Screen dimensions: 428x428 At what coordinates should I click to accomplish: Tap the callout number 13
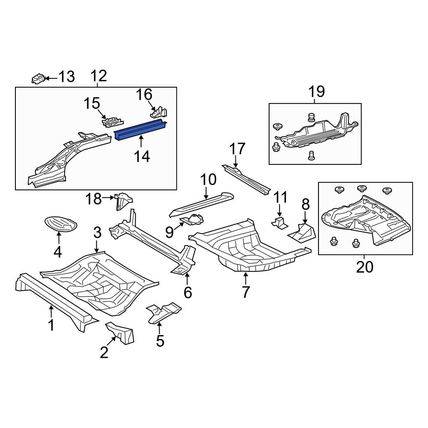pyautogui.click(x=66, y=77)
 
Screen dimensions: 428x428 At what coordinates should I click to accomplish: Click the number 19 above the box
pyautogui.click(x=316, y=92)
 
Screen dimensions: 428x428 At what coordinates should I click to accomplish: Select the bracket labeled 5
pyautogui.click(x=163, y=312)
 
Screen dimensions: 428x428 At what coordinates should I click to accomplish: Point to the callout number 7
pyautogui.click(x=245, y=292)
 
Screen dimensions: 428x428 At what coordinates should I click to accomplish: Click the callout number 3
pyautogui.click(x=97, y=233)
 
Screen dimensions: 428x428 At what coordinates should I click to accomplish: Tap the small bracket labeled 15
pyautogui.click(x=111, y=122)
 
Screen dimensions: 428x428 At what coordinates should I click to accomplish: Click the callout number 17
pyautogui.click(x=238, y=149)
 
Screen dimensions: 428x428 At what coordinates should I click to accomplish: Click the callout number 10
pyautogui.click(x=208, y=180)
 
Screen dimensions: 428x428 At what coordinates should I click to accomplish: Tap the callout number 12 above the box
pyautogui.click(x=98, y=76)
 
